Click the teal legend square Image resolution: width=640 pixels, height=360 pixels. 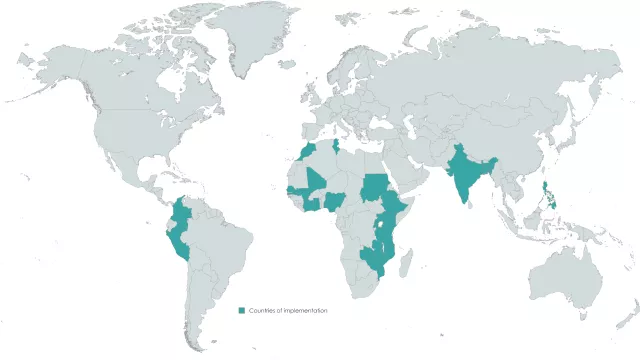[x=241, y=311]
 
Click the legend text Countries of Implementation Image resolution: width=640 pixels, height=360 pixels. [x=288, y=311]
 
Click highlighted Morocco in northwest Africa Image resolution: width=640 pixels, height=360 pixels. [x=306, y=154]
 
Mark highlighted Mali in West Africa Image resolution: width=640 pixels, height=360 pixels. [x=315, y=182]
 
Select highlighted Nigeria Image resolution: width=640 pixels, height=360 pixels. [x=334, y=200]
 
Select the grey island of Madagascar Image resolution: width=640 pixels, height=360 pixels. [x=407, y=264]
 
